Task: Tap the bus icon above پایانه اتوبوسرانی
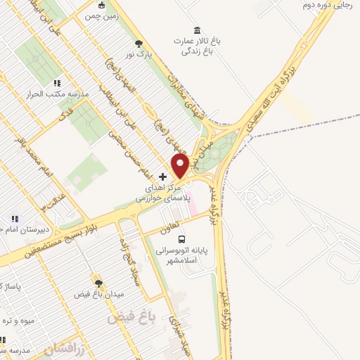click(182, 240)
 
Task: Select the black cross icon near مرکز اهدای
click(163, 176)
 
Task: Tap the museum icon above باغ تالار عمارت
click(196, 29)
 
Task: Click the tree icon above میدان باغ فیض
click(98, 281)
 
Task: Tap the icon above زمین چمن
click(101, 5)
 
